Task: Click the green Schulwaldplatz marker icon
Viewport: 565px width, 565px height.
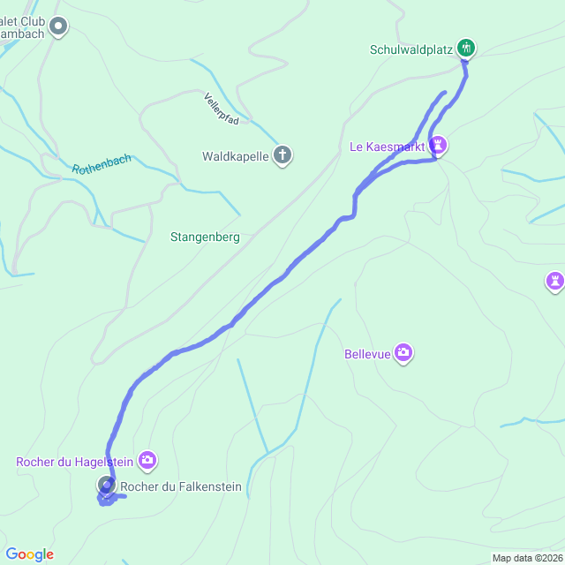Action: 467,48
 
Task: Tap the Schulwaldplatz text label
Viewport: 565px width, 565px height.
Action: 411,49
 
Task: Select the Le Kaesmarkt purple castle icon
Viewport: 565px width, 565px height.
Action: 439,145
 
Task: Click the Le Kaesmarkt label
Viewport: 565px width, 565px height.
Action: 388,146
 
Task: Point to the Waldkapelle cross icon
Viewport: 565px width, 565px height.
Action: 282,156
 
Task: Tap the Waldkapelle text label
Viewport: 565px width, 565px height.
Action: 236,157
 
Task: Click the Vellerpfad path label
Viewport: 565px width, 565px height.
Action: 221,108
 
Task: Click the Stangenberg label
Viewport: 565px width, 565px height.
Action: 205,237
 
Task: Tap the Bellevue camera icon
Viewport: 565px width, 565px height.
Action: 403,353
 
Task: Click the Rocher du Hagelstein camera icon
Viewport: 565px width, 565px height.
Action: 147,460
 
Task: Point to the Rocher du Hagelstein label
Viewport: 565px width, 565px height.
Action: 74,461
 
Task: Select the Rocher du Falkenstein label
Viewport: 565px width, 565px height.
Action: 180,486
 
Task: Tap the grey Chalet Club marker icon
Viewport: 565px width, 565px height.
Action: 59,26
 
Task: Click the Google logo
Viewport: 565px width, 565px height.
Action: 29,554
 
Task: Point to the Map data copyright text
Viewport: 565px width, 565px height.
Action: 526,558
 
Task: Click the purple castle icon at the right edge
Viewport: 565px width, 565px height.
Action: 554,281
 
